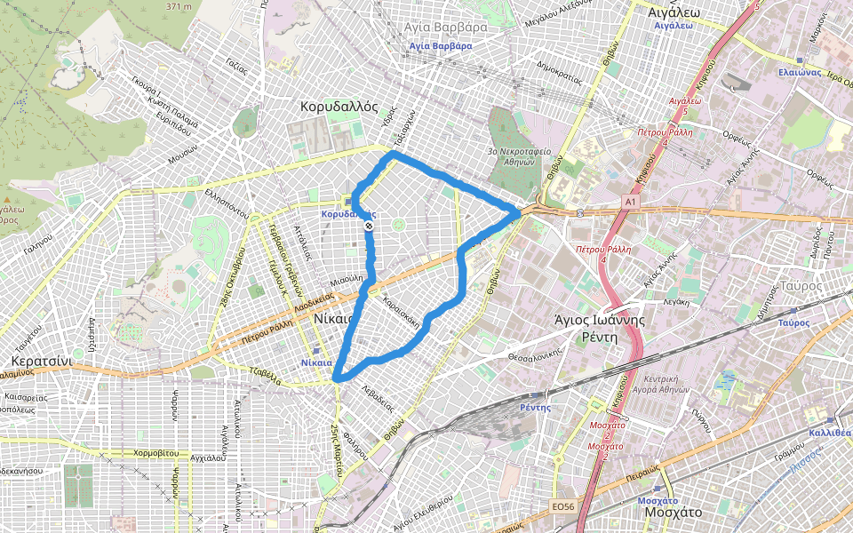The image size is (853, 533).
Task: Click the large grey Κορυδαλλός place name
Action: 333,106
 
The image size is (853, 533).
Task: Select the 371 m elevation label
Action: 179,7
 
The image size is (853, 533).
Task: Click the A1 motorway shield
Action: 630,203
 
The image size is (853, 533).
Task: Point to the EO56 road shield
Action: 562,506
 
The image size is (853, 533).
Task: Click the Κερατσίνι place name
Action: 41,362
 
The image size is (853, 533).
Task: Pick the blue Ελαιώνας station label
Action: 797,72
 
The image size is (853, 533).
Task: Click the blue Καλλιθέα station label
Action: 830,433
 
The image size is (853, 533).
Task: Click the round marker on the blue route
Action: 369,226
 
